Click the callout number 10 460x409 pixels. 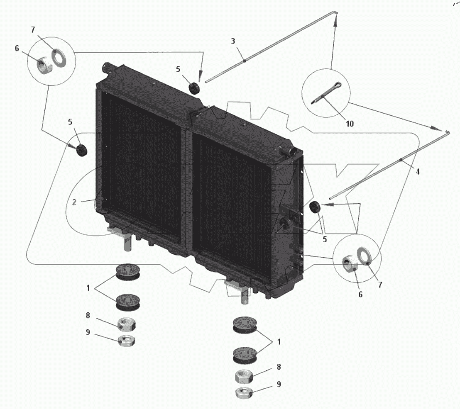point(350,124)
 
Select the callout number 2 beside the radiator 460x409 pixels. point(74,202)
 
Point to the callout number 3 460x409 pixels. point(233,41)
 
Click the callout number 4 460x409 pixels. point(418,171)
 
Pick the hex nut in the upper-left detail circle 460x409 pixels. point(45,66)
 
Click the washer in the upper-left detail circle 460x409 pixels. point(59,58)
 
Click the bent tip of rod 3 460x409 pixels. point(335,12)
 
